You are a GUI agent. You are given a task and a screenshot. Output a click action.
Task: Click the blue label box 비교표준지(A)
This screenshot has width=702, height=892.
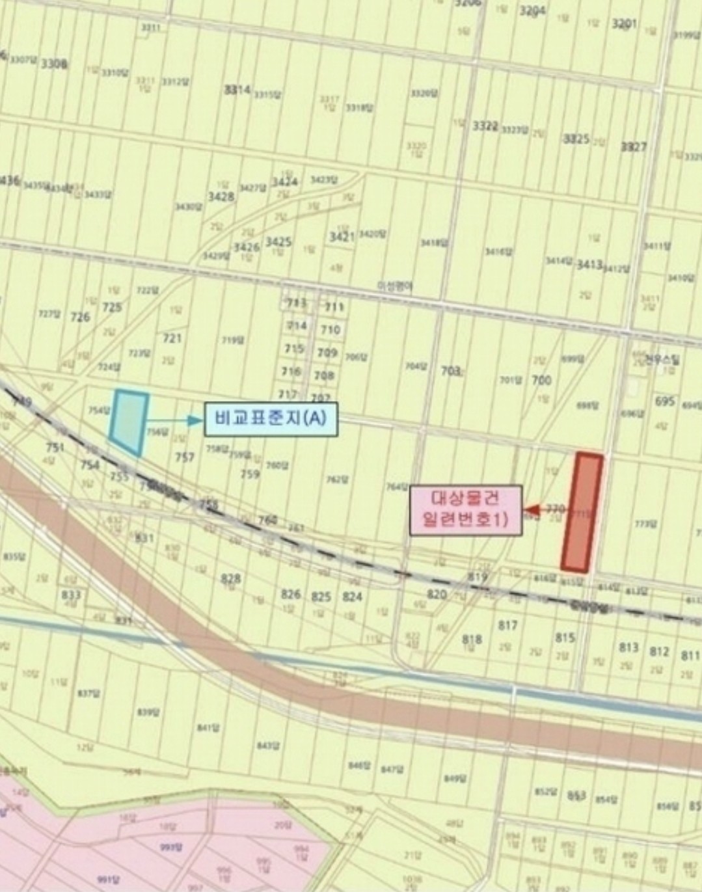coord(271,420)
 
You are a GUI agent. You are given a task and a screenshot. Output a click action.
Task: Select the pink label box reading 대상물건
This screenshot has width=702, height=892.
coord(465,510)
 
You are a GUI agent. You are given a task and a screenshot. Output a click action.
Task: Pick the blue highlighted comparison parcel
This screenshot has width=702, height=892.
coord(129,422)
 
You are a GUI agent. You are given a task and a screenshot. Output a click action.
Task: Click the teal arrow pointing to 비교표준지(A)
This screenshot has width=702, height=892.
coord(176,421)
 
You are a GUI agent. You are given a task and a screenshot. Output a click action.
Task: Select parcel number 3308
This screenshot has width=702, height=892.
coord(54,64)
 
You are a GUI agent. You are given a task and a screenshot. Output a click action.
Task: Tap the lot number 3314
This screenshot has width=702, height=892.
coord(237,90)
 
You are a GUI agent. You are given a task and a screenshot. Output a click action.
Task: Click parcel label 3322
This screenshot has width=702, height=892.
coord(485,126)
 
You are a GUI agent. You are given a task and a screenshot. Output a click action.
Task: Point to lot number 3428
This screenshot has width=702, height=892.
coord(221,196)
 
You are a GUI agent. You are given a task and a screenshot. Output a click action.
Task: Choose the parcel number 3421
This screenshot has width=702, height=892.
coord(342,236)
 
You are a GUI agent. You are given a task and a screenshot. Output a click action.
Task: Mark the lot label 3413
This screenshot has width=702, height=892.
coord(589,264)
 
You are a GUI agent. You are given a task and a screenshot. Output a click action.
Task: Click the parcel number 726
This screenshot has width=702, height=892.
coord(80,317)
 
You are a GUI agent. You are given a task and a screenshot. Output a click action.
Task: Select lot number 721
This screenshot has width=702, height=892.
coord(172,338)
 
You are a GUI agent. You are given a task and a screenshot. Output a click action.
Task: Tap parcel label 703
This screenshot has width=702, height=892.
coord(451,370)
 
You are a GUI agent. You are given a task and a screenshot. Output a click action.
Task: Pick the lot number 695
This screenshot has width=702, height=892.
coord(664,401)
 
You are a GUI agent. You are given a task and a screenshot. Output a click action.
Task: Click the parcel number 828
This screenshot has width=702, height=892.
coord(230,578)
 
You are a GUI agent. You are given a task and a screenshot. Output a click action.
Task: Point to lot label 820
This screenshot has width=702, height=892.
coord(437,594)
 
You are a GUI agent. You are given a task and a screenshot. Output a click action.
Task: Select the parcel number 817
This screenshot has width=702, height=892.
coord(507,625)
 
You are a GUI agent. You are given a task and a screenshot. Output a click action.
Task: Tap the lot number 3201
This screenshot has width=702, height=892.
coord(624,24)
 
